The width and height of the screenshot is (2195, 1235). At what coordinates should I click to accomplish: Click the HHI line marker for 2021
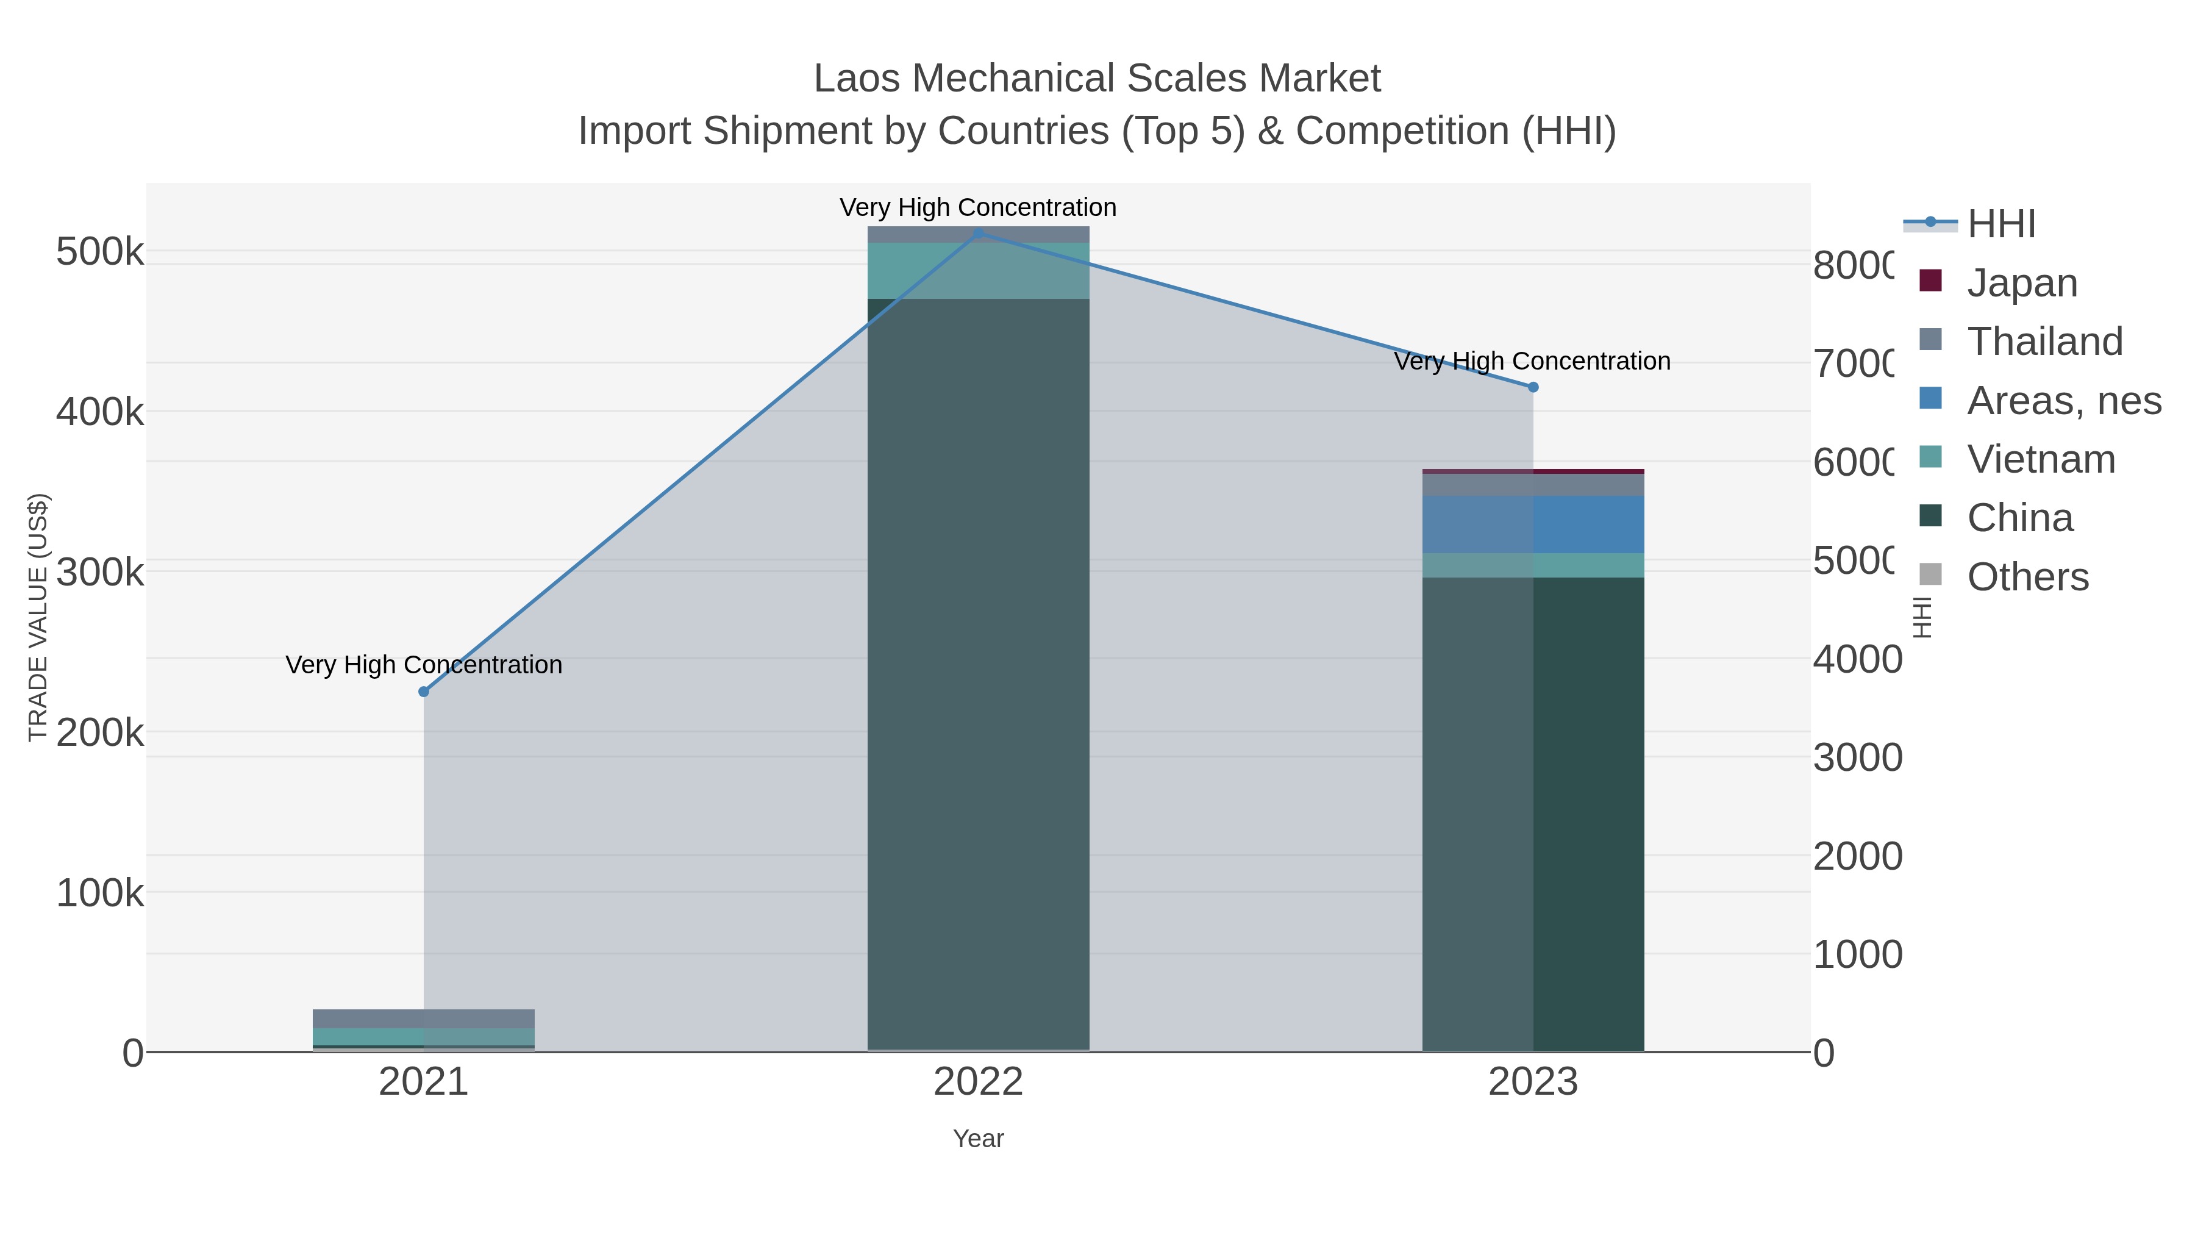point(424,691)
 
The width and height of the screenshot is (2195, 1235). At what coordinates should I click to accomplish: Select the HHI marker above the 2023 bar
point(1533,387)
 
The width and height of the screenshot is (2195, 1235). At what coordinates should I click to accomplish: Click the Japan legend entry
point(2022,282)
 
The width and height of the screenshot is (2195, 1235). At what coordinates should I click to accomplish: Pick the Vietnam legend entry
point(2041,459)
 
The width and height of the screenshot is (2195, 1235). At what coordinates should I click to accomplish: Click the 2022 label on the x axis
point(978,1083)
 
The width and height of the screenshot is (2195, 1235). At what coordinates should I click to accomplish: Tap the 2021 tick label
point(424,1083)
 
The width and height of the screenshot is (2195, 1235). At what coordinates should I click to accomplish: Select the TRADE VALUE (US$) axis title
point(38,617)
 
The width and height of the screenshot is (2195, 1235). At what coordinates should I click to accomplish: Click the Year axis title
point(978,1139)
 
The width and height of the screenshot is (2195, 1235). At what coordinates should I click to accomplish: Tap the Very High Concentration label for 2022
point(978,207)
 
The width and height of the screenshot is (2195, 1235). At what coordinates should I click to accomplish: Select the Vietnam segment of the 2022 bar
point(978,270)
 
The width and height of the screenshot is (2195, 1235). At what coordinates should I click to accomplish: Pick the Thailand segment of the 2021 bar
point(424,1018)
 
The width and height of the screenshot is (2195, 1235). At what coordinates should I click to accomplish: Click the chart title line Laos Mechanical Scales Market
point(1097,79)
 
